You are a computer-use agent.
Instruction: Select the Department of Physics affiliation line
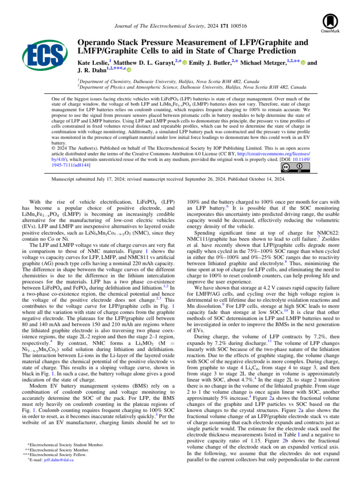pos(192,87)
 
